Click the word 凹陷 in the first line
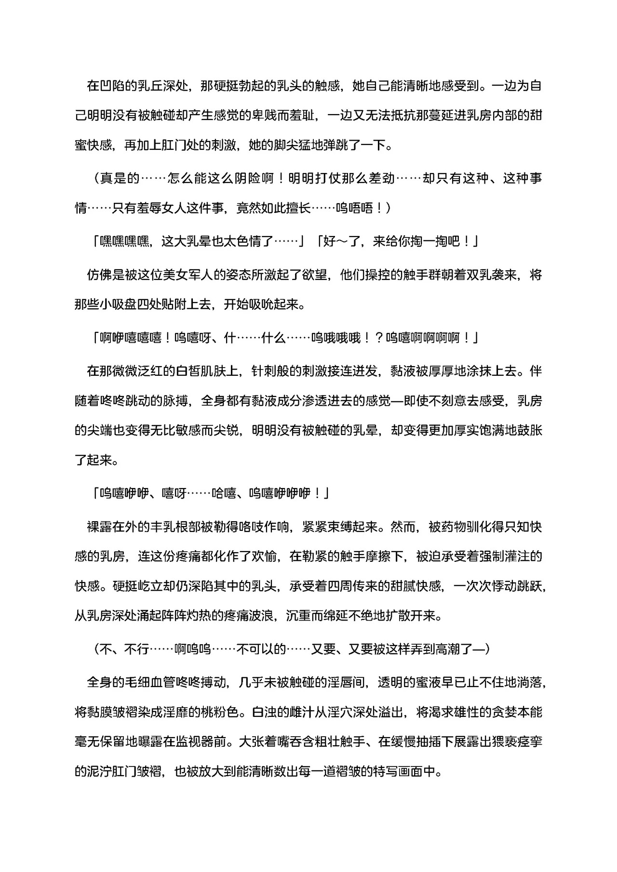111,86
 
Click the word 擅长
299,208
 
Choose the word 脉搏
174,401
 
